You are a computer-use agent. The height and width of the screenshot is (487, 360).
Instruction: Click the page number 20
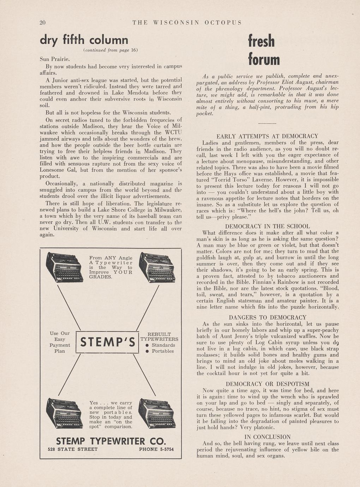coord(43,23)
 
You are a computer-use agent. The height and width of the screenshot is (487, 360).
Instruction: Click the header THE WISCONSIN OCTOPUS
coord(187,23)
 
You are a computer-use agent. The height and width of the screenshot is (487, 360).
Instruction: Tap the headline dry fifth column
coord(84,40)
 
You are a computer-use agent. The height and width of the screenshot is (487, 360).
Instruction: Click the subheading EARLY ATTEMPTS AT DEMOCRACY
coord(267,136)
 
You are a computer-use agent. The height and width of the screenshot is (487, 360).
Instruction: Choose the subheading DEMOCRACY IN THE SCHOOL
coord(267,226)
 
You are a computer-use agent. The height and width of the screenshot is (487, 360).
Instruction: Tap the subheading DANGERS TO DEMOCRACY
coord(267,317)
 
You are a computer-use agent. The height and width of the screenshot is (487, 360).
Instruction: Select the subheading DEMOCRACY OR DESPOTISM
coord(267,384)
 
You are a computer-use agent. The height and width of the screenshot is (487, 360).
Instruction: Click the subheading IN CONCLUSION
coord(267,437)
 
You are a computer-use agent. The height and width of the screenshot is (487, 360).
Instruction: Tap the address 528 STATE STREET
coord(73,449)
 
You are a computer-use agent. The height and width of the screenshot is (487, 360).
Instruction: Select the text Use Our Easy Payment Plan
coord(60,342)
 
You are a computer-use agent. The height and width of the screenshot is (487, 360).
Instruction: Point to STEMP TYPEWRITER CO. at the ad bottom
coord(111,441)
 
